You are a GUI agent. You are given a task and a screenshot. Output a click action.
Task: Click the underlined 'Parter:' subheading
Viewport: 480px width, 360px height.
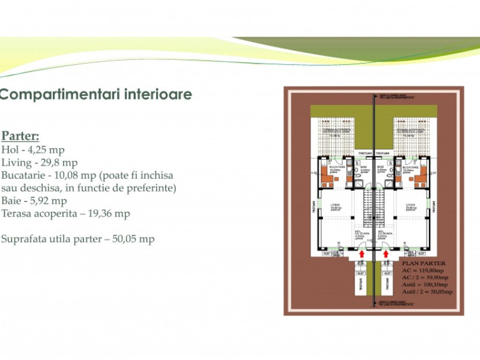(20, 136)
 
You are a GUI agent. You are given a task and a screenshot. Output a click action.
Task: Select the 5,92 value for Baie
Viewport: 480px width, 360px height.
(37, 200)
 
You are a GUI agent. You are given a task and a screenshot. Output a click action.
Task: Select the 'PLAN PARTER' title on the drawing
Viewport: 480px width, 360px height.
(422, 263)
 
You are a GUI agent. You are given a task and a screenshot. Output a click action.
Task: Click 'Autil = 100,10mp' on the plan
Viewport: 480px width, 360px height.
(427, 284)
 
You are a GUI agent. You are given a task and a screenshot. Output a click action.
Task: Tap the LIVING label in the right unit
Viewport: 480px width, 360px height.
(410, 205)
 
